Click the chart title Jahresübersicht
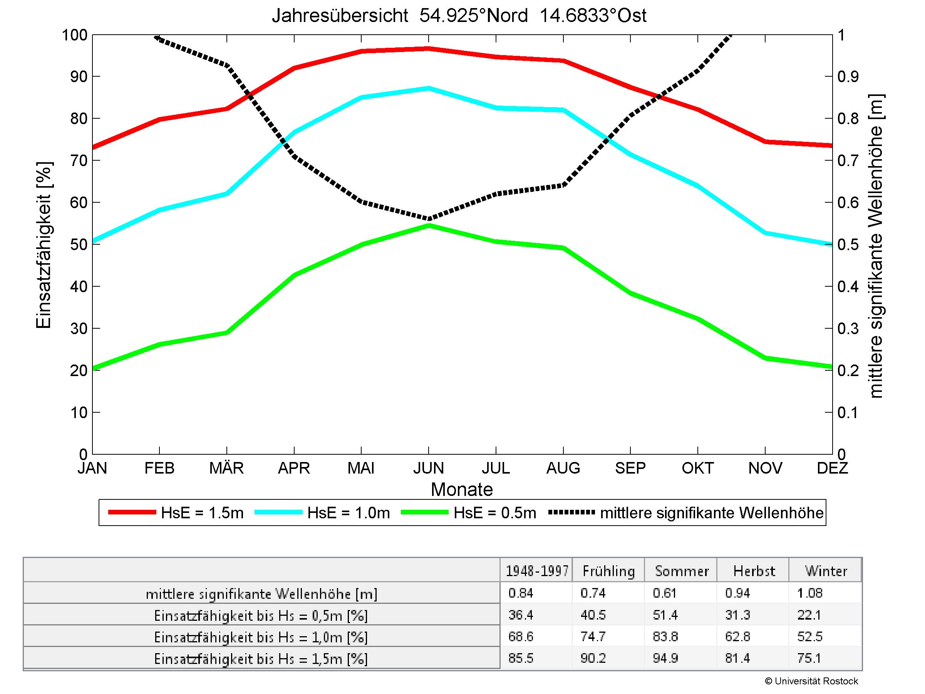[459, 16]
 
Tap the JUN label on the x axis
[428, 468]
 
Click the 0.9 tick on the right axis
[848, 77]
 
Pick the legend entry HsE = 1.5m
[176, 513]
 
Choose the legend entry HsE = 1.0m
[322, 513]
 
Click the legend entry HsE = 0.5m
[468, 513]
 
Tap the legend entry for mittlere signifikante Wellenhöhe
[686, 513]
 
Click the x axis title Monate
[462, 489]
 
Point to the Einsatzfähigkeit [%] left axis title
[44, 244]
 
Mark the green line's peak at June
[429, 225]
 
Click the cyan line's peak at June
[429, 88]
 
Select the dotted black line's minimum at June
[429, 218]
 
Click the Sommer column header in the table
[682, 571]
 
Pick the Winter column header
[826, 571]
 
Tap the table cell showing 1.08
[809, 593]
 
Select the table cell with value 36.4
[521, 615]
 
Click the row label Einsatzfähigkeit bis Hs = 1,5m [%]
[261, 659]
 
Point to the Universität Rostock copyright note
[811, 681]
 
